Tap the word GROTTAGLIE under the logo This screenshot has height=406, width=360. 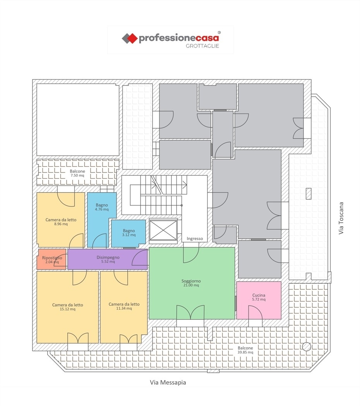tap(202, 46)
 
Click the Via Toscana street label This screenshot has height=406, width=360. tap(341, 218)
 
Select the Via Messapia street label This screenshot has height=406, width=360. tap(168, 382)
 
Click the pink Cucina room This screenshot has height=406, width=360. tap(259, 300)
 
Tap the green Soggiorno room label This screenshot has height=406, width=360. tap(191, 283)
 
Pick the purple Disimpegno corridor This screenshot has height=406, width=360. tap(107, 259)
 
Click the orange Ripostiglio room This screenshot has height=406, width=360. tap(52, 259)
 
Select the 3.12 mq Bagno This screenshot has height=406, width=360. tap(129, 233)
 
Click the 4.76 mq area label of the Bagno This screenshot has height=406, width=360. tap(101, 209)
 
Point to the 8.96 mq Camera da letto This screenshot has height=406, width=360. tap(61, 220)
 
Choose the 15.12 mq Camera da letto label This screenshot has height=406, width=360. tap(67, 307)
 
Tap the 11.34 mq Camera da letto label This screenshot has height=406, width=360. tap(124, 306)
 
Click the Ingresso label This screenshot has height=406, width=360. tap(195, 239)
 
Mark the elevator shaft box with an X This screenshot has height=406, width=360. tap(163, 230)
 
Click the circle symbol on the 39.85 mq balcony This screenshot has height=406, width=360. tap(306, 346)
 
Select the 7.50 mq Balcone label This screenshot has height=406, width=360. tap(77, 173)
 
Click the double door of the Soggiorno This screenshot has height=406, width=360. tap(190, 312)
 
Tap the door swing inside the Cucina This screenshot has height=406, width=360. tap(255, 312)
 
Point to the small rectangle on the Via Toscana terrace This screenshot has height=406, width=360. tap(308, 194)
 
